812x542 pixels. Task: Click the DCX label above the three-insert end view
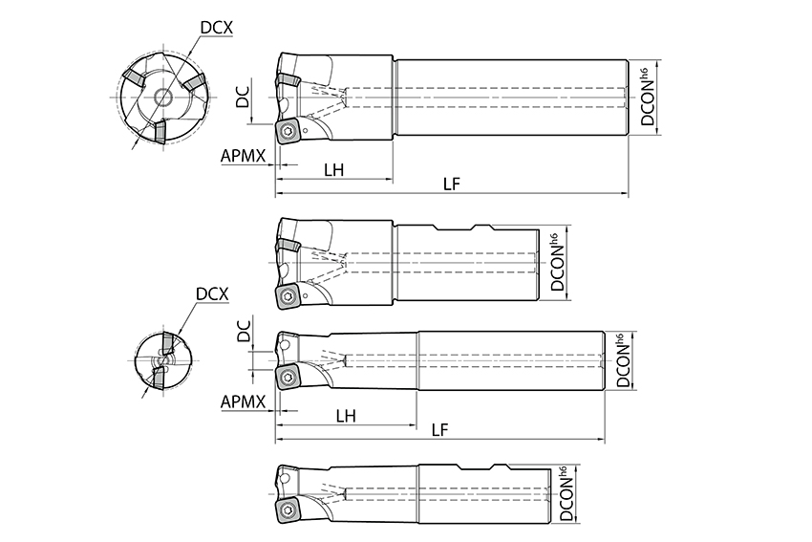pos(217,28)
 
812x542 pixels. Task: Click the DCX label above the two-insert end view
pos(212,293)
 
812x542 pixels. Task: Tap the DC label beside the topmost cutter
pos(243,97)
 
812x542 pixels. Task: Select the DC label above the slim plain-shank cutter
pos(243,331)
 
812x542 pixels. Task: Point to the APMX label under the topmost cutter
pos(243,156)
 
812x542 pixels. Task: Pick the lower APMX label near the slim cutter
pos(243,401)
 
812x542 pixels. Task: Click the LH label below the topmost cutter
pos(334,169)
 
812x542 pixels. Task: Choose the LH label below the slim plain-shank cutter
pos(346,416)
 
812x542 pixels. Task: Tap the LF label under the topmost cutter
pos(452,184)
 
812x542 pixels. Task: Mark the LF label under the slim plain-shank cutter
pos(439,429)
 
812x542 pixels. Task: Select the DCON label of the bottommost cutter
pos(567,494)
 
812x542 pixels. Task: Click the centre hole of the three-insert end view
pos(164,97)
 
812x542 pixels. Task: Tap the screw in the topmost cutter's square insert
pos(287,132)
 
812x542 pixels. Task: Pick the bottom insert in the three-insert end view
pos(160,132)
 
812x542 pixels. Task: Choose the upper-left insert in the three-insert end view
pos(136,80)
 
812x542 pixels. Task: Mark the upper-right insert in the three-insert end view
pos(194,83)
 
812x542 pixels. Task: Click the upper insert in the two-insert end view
pos(169,343)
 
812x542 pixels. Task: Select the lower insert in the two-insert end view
pos(158,378)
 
